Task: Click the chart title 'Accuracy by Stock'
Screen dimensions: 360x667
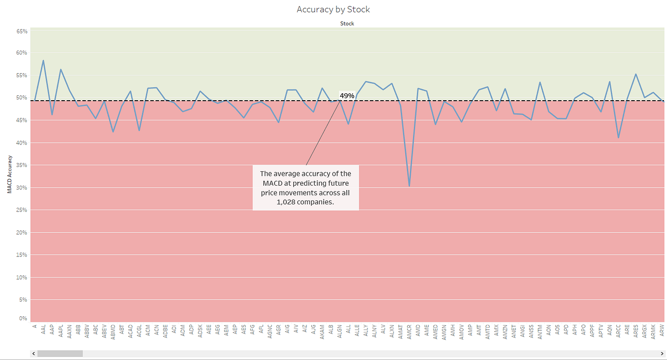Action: click(333, 9)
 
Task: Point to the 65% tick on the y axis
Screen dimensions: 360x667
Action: click(22, 31)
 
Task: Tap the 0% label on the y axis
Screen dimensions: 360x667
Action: click(23, 319)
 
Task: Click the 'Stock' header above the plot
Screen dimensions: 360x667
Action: click(347, 24)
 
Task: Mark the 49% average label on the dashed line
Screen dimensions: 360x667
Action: click(347, 95)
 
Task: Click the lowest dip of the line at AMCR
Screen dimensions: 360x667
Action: click(409, 186)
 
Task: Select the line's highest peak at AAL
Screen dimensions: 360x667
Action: click(43, 60)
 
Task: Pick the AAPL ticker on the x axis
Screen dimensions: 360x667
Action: click(61, 332)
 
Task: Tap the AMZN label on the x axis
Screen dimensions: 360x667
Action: click(505, 332)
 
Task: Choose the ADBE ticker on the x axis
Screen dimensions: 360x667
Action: click(166, 332)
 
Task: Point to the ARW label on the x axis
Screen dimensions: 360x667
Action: click(662, 331)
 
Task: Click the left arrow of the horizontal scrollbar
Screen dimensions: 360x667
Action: click(33, 353)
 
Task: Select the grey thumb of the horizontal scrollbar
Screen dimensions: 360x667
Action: click(60, 353)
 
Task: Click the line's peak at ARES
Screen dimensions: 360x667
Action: click(636, 74)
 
